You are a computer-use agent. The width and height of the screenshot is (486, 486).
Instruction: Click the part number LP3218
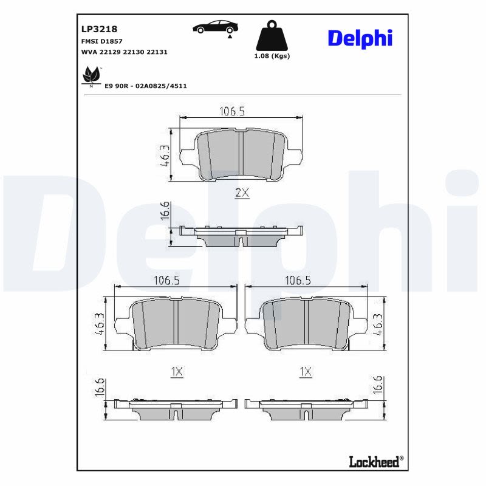click(x=99, y=29)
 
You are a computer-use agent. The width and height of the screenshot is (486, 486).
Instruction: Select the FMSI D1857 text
click(x=101, y=41)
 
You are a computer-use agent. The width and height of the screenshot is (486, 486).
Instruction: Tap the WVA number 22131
click(x=157, y=52)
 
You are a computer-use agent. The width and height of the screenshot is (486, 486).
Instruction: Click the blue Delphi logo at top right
click(x=360, y=38)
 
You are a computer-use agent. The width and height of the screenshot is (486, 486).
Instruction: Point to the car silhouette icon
click(x=216, y=28)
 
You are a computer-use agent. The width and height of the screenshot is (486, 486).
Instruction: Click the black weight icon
click(x=272, y=36)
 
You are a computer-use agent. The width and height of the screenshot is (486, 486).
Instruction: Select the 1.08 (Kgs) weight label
click(x=272, y=56)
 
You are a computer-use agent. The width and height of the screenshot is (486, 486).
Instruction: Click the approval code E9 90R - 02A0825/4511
click(x=146, y=86)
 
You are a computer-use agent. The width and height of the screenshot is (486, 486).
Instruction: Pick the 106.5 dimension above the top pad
click(x=232, y=111)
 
